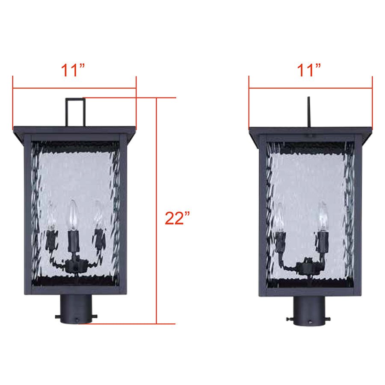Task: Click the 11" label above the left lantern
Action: (74, 70)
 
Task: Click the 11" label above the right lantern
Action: (310, 70)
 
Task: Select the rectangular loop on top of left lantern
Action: (75, 111)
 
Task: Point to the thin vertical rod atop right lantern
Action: (309, 112)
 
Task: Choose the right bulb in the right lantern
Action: (323, 216)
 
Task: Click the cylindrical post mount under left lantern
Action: (76, 310)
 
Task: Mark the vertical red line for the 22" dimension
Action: (157, 214)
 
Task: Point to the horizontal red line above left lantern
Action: (74, 89)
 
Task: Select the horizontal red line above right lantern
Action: (310, 89)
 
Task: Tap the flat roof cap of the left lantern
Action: (75, 130)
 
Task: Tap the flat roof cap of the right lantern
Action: (310, 130)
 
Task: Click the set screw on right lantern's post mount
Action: (287, 320)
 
